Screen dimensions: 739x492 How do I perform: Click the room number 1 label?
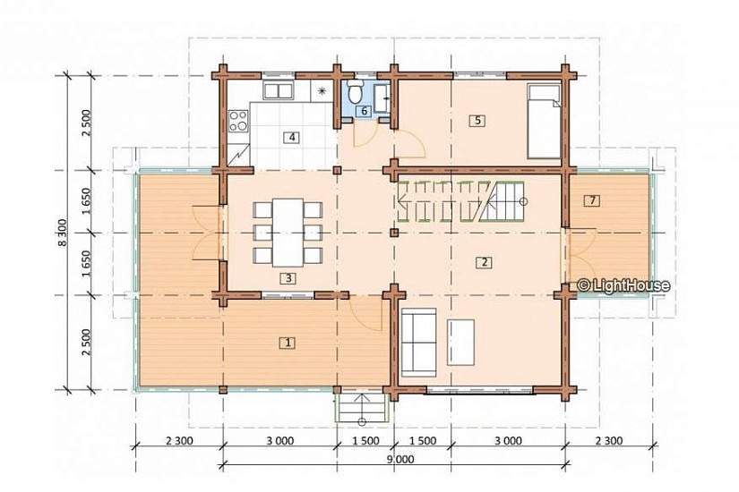(288, 343)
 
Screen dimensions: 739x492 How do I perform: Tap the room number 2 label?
(484, 262)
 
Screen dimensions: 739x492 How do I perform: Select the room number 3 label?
(288, 278)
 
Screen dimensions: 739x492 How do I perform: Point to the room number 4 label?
(292, 138)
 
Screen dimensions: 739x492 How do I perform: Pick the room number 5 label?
(477, 121)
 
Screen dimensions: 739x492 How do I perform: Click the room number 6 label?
(364, 112)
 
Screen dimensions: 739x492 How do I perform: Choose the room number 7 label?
(592, 200)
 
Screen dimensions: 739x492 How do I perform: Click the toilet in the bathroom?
(355, 91)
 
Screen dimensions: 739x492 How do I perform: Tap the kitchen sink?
(278, 90)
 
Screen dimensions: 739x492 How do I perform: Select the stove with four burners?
(238, 121)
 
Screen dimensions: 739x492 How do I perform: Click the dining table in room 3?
(288, 233)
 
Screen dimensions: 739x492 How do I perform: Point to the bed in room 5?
(544, 121)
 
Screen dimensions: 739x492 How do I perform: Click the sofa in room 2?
(418, 342)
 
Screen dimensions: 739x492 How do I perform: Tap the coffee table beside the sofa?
(461, 343)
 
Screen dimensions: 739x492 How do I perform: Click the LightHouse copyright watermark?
(623, 284)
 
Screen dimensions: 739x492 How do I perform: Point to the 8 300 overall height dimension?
(64, 233)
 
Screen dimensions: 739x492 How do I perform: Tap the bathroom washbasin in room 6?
(382, 98)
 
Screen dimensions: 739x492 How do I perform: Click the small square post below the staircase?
(394, 232)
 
